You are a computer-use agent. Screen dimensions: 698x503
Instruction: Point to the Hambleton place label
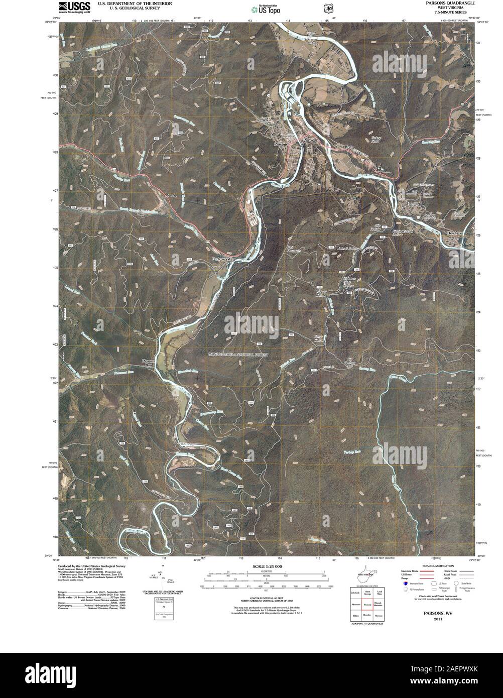click(415, 204)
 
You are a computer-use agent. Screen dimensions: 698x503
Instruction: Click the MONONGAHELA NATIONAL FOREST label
click(238, 355)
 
